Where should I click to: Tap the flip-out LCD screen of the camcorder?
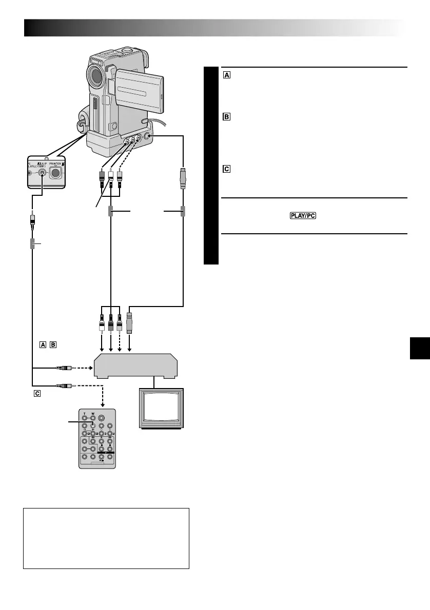pos(137,89)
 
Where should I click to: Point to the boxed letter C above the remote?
pos(35,393)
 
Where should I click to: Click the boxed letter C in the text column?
pos(226,169)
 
